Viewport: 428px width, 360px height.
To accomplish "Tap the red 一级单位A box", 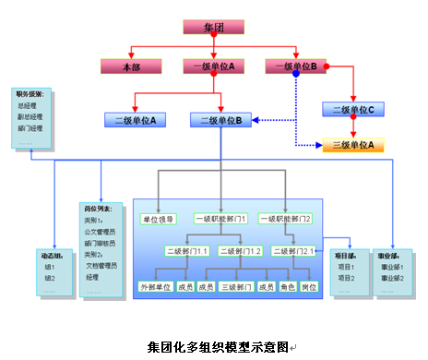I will pos(214,66).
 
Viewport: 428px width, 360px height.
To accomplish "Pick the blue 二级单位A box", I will pos(135,120).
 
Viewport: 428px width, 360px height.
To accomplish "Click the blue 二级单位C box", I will pos(352,110).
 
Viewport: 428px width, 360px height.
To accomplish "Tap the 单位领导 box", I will pos(159,220).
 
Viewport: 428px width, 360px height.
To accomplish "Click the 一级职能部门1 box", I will pos(221,220).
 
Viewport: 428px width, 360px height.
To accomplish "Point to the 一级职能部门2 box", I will pos(286,220).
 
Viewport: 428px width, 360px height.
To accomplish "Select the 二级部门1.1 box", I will pos(187,251).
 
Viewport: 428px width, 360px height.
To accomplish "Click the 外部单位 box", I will pos(155,287).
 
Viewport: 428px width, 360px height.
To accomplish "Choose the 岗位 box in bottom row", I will pos(308,287).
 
